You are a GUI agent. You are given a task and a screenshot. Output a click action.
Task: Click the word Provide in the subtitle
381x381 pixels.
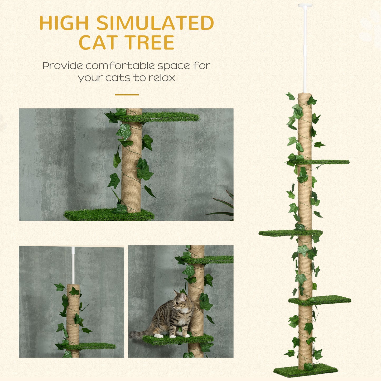(62, 66)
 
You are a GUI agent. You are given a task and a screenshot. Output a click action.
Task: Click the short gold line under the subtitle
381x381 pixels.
(127, 95)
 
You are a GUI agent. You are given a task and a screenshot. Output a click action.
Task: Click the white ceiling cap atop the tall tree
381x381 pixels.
(305, 5)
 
